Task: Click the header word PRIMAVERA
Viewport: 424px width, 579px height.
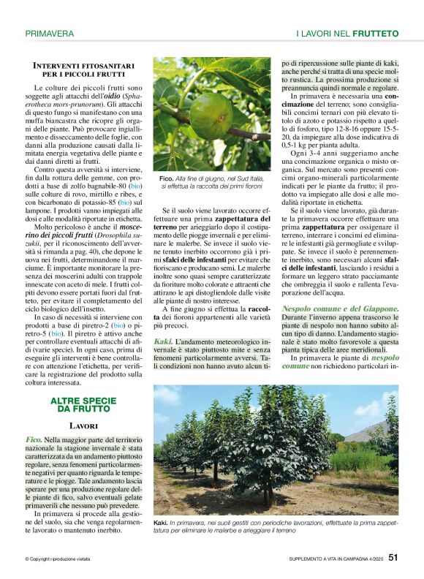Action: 49,34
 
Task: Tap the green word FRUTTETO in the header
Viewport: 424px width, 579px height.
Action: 375,34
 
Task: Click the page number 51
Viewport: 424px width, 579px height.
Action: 393,557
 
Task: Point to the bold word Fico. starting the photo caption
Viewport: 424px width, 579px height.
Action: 166,178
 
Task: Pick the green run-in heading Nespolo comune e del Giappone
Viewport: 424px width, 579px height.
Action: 341,309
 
